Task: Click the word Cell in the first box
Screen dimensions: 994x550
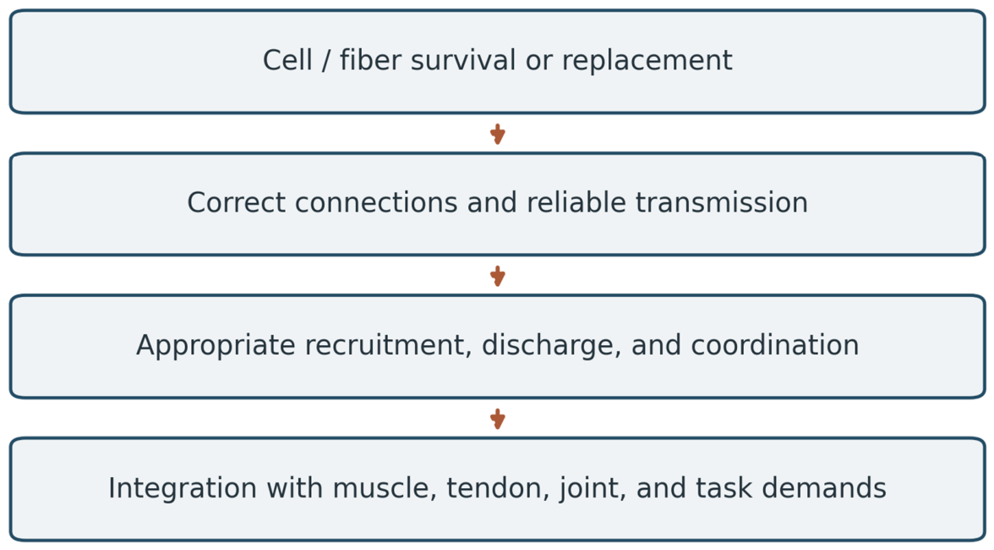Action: (x=287, y=60)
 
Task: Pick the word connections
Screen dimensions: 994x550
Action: (x=377, y=203)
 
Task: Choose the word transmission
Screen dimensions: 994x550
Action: (x=722, y=203)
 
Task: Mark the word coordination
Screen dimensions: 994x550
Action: (x=774, y=346)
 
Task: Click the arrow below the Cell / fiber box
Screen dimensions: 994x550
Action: (x=498, y=134)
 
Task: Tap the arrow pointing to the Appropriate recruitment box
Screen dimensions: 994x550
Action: (x=498, y=276)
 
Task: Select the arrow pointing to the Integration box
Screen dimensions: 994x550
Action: (x=498, y=419)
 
